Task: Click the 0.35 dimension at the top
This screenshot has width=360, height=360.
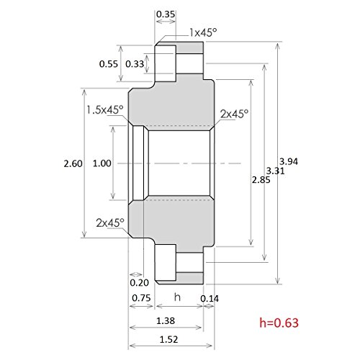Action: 166,14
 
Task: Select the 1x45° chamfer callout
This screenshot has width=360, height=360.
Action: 203,32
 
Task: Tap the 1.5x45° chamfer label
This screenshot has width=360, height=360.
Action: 105,110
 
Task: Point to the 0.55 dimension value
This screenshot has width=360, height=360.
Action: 109,64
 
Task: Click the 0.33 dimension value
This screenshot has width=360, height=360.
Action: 135,64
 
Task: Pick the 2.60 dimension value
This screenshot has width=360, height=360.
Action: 73,163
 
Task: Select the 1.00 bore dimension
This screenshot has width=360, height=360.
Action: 102,163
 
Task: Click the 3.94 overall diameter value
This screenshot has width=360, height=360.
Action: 289,161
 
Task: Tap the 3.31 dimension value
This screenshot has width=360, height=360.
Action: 276,171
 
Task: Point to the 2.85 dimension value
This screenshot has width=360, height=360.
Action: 261,180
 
